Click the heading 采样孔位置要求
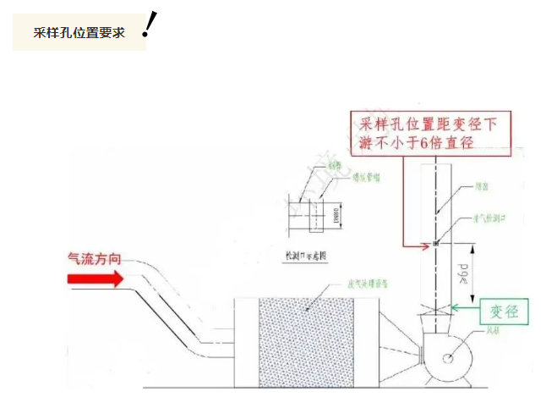79,33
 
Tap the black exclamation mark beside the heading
150,25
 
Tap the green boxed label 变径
505,312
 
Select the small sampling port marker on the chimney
434,245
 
